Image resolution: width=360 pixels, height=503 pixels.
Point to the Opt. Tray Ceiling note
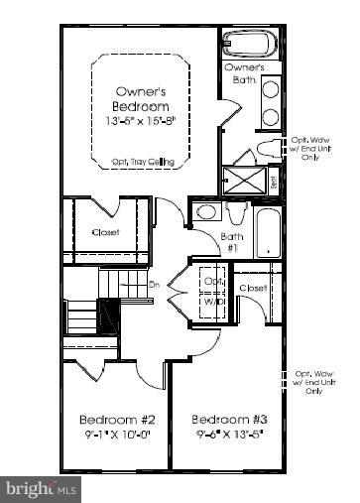coord(140,164)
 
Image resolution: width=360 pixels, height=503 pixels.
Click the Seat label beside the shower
coord(274,181)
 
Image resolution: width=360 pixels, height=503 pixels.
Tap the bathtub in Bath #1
coord(269,231)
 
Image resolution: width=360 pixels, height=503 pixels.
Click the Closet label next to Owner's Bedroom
coord(106,233)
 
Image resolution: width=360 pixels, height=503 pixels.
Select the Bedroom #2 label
coord(112,418)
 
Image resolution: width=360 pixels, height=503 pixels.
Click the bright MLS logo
coord(42,488)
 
